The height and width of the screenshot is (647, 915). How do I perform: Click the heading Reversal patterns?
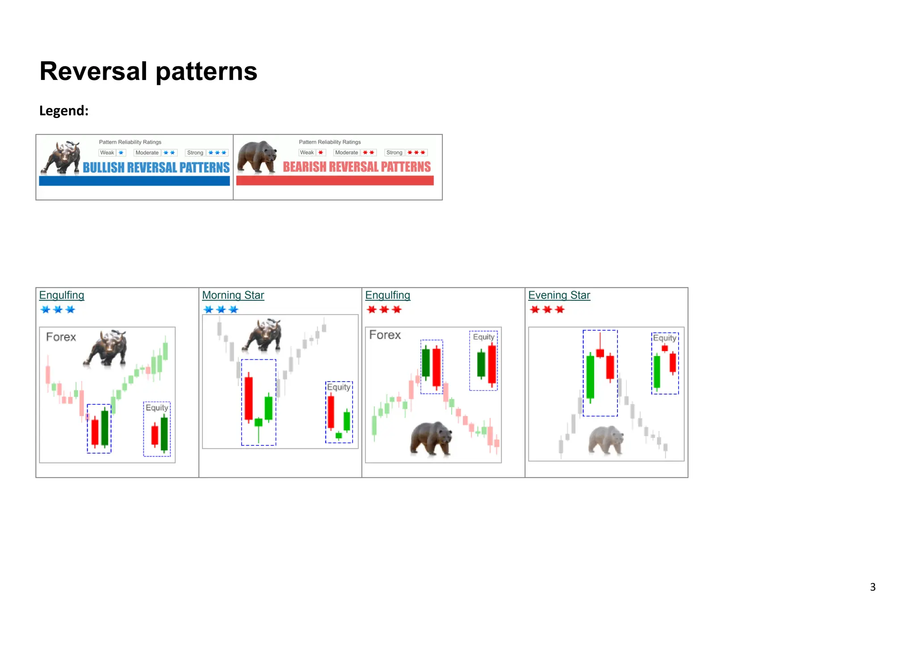pyautogui.click(x=148, y=71)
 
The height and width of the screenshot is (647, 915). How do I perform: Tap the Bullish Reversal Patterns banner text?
pyautogui.click(x=156, y=168)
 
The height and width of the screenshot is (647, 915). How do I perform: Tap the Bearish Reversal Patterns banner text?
pyautogui.click(x=357, y=167)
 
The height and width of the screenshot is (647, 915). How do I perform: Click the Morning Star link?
pyautogui.click(x=233, y=295)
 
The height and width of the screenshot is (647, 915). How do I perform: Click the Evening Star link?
pyautogui.click(x=559, y=295)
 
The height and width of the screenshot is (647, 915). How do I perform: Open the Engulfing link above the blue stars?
pyautogui.click(x=62, y=295)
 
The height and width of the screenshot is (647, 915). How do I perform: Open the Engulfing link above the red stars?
pyautogui.click(x=387, y=295)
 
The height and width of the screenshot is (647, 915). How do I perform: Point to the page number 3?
pyautogui.click(x=873, y=587)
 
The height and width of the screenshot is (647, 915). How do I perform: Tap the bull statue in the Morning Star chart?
pyautogui.click(x=263, y=335)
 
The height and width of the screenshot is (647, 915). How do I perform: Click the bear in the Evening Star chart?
pyautogui.click(x=606, y=440)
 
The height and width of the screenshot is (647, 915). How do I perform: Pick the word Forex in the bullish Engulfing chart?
pyautogui.click(x=61, y=337)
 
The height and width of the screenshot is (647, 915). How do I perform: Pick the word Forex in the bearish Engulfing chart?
pyautogui.click(x=385, y=335)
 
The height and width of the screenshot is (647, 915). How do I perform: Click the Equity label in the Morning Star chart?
pyautogui.click(x=339, y=387)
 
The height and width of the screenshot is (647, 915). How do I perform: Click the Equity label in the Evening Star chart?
pyautogui.click(x=664, y=338)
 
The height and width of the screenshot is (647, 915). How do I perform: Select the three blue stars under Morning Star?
pyautogui.click(x=221, y=309)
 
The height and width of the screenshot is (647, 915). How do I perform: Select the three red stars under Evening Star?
pyautogui.click(x=547, y=309)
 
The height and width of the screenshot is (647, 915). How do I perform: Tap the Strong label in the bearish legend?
pyautogui.click(x=394, y=153)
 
